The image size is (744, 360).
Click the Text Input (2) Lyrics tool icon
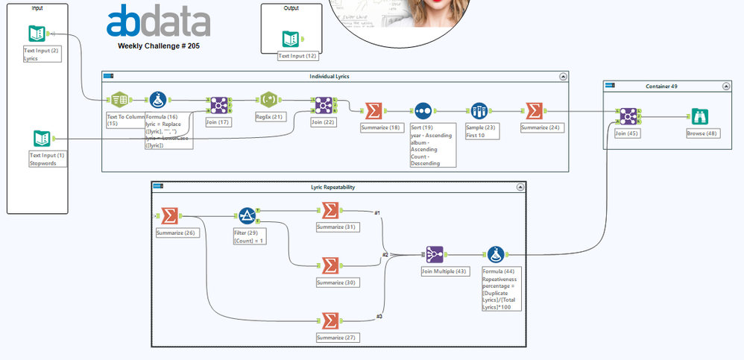(x=37, y=34)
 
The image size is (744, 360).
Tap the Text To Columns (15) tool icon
(x=119, y=101)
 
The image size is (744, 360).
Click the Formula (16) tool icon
(x=157, y=101)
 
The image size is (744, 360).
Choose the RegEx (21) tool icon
(x=269, y=101)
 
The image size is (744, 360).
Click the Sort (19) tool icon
(x=423, y=111)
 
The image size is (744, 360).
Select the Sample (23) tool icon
(x=479, y=111)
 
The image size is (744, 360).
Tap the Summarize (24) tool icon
(x=534, y=111)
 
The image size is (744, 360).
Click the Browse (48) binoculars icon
(x=699, y=117)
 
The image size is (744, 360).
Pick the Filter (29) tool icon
(x=247, y=216)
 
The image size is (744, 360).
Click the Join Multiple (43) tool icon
(x=435, y=254)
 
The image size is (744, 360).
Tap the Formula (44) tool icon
(x=495, y=254)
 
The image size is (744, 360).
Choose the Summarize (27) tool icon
(x=328, y=320)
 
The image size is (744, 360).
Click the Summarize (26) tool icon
(x=169, y=216)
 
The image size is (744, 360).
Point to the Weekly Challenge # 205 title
(x=159, y=45)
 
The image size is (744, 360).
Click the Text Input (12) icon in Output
(x=291, y=39)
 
